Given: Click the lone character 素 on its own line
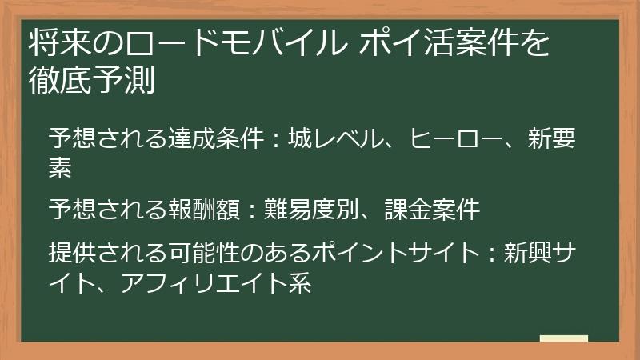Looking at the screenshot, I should (x=60, y=167).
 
